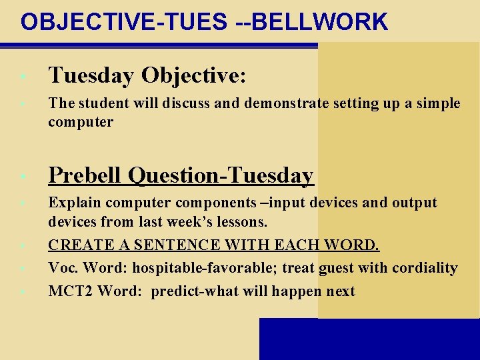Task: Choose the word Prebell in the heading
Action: [85, 175]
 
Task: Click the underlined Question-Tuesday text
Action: [221, 175]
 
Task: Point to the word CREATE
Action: [76, 245]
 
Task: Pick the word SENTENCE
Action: [164, 245]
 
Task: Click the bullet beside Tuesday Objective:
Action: [23, 77]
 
